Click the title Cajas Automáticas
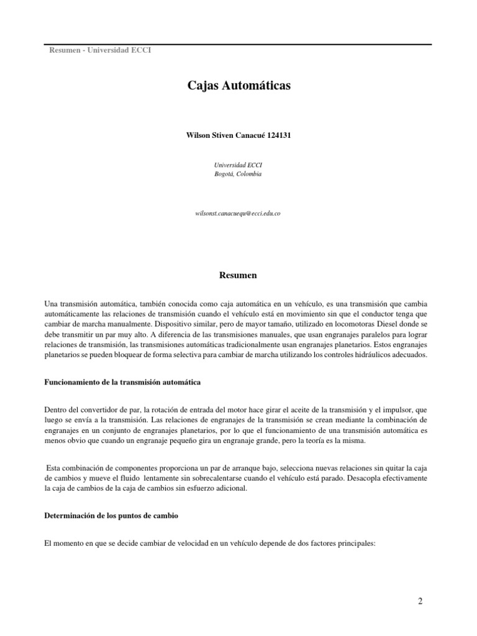238,86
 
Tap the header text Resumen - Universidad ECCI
100,50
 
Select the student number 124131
279,136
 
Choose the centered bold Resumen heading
238,275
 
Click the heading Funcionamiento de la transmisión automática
122,383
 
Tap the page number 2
420,601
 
